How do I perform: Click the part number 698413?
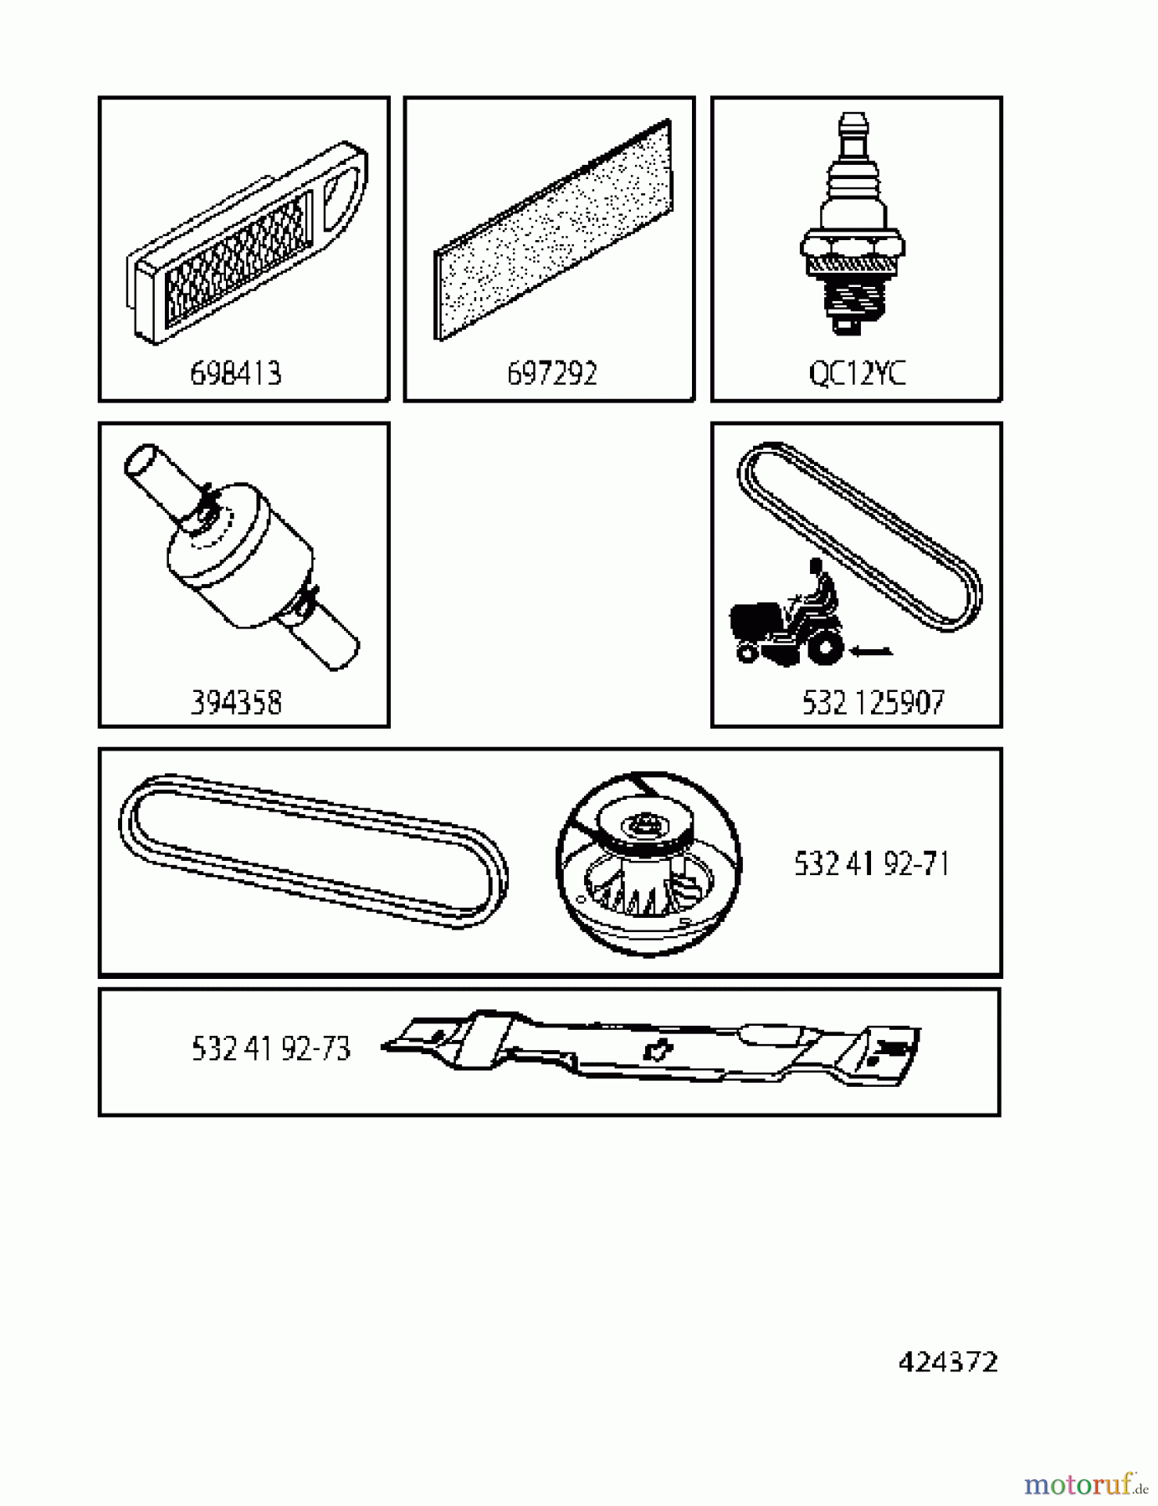[x=236, y=373]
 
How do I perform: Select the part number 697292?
[x=552, y=373]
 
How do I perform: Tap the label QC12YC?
[x=857, y=373]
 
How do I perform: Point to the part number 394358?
[x=236, y=703]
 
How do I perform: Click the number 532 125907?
[x=873, y=703]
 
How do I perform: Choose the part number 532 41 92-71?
[x=871, y=863]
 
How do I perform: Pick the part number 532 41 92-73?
[x=270, y=1048]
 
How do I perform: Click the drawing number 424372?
[x=948, y=1363]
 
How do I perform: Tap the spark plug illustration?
[x=852, y=226]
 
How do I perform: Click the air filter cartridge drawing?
[x=247, y=243]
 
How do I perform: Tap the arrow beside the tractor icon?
[x=870, y=651]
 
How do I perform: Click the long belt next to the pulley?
[x=312, y=849]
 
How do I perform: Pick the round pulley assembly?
[x=648, y=863]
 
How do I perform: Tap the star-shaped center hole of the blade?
[x=657, y=1050]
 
